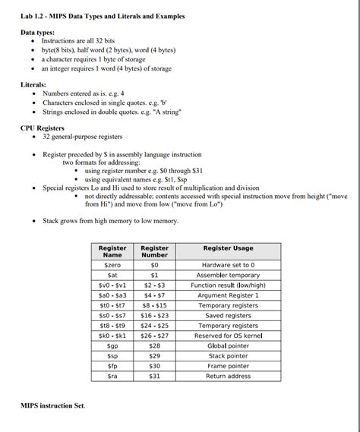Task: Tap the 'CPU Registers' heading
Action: point(42,128)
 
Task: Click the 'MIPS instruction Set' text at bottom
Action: point(52,406)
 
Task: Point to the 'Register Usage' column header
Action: point(228,248)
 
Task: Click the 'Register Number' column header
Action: point(155,251)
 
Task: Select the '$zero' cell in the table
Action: point(112,265)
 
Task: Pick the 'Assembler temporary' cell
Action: point(228,275)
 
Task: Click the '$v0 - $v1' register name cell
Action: point(112,285)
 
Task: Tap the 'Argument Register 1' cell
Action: point(228,295)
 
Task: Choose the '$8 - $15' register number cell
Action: point(155,305)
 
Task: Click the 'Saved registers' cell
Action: point(228,315)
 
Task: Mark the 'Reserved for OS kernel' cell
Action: point(228,336)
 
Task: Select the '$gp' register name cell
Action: point(112,345)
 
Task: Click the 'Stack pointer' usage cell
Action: point(228,355)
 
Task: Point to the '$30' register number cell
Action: point(155,366)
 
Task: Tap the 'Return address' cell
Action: point(228,376)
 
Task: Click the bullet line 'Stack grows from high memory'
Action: point(110,221)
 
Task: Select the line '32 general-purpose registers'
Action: point(82,137)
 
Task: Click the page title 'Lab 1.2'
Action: point(103,16)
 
